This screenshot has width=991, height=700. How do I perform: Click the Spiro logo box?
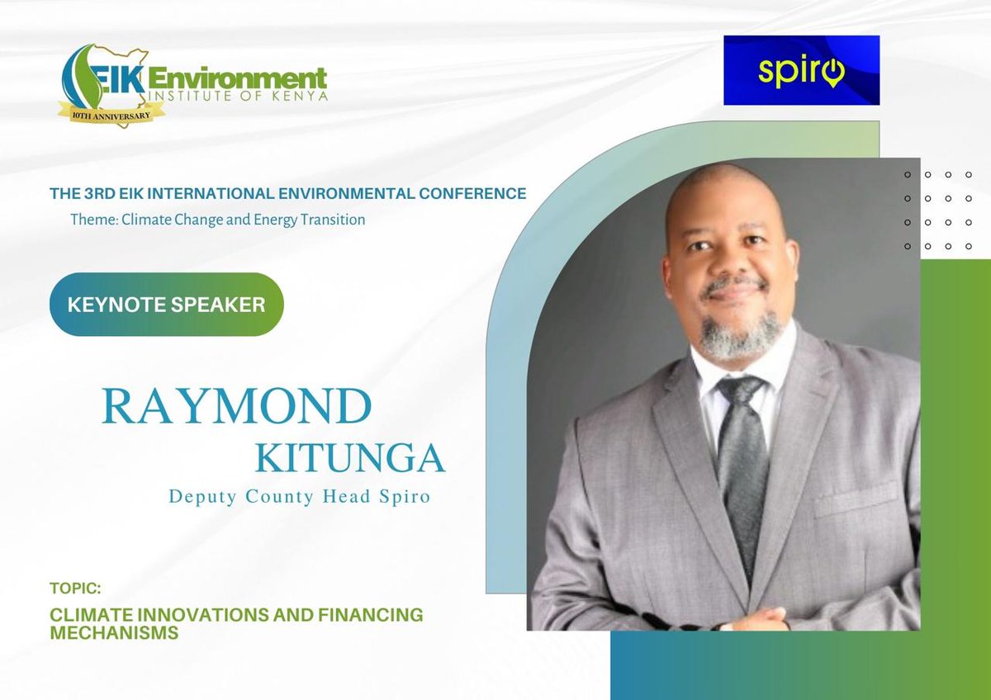coord(801,70)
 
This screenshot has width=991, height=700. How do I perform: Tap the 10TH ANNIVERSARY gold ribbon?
coord(111,111)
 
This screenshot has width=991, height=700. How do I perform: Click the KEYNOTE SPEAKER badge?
coord(166,305)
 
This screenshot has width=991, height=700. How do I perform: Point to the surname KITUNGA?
coord(350,458)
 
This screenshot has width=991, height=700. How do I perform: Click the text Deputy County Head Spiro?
coord(299,498)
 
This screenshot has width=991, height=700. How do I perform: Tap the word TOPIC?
coord(75,591)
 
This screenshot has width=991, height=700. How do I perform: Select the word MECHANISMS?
coord(114,633)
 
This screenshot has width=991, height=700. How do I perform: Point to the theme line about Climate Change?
coord(218,220)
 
